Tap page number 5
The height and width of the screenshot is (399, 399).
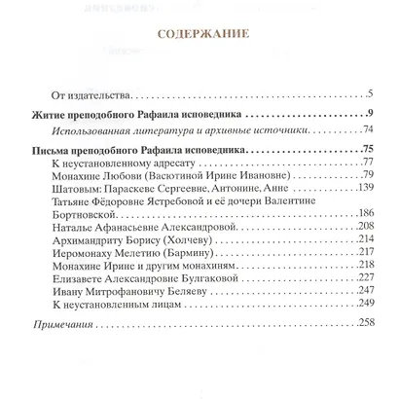pyautogui.click(x=372, y=94)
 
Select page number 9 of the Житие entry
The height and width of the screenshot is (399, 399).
pyautogui.click(x=372, y=116)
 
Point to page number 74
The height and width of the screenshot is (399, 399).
pyautogui.click(x=368, y=129)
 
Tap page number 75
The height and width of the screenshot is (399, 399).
pyautogui.click(x=367, y=149)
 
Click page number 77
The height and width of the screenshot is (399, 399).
pyautogui.click(x=368, y=163)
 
